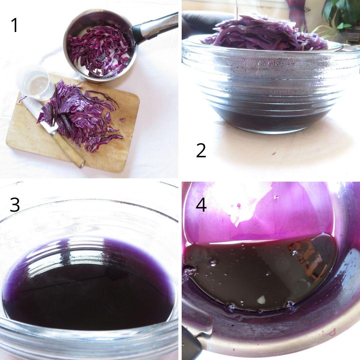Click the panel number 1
(x=14, y=25)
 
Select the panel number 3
(x=14, y=205)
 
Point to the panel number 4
(x=201, y=204)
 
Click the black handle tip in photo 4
(x=192, y=347)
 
